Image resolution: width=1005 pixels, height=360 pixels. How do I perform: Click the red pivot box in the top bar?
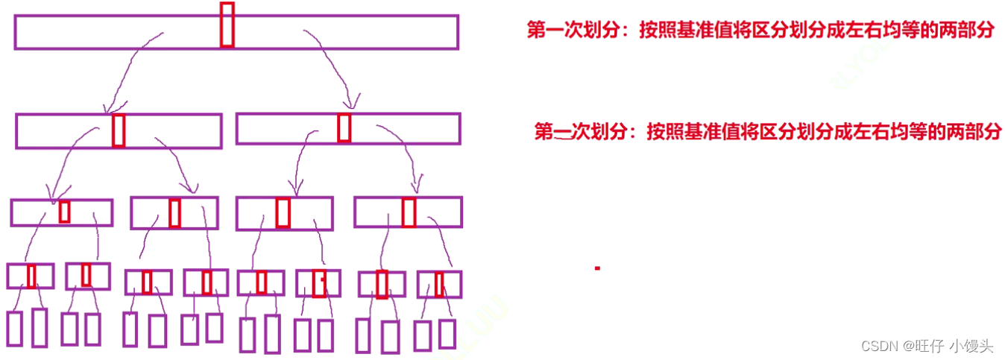[x=227, y=25]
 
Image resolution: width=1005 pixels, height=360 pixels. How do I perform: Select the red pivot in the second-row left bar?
[x=119, y=130]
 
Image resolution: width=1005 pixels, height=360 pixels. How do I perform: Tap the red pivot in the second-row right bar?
[x=344, y=127]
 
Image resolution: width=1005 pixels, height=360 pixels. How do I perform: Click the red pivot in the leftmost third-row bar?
[x=65, y=212]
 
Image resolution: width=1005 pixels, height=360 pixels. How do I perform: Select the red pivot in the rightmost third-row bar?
[x=409, y=212]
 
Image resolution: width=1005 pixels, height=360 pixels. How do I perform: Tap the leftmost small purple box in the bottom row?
[x=15, y=329]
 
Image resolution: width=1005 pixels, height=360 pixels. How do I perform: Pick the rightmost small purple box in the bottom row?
[x=447, y=333]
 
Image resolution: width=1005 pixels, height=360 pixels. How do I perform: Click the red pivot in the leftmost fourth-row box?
[x=31, y=276]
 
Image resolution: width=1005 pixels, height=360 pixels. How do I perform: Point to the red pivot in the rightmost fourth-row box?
[x=439, y=284]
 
